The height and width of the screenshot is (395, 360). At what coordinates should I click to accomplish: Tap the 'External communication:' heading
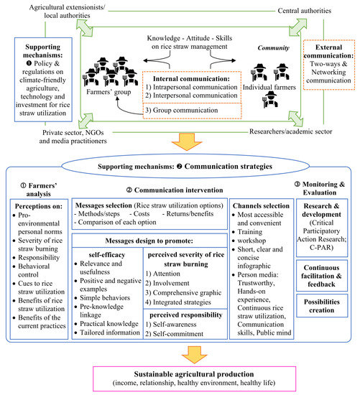(x=331, y=50)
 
